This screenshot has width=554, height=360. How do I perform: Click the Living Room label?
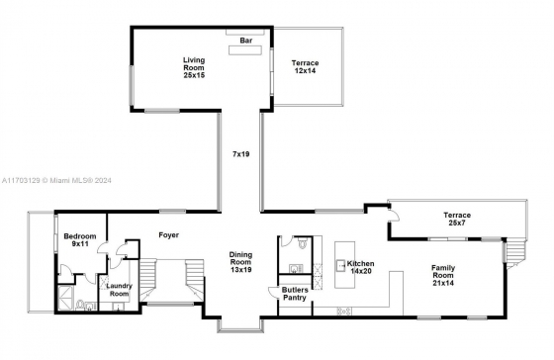[194, 67]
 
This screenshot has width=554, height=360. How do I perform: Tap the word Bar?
[246, 41]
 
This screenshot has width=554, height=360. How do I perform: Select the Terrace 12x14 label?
[305, 67]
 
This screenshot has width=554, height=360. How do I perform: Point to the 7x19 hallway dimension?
[240, 154]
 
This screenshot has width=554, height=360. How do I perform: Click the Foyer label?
[168, 235]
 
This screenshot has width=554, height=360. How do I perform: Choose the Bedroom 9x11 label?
[80, 240]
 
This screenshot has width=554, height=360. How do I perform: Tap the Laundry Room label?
[119, 290]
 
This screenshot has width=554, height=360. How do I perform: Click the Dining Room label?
[240, 262]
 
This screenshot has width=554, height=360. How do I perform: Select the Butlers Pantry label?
[295, 294]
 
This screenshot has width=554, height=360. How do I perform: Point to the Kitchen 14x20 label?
[360, 267]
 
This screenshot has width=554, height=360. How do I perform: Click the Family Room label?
[443, 275]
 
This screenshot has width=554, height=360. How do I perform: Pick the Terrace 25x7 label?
[457, 219]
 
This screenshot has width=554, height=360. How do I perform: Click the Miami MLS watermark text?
[56, 181]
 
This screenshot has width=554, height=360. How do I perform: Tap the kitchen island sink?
[341, 265]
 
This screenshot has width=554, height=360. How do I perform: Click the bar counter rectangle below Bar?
[245, 50]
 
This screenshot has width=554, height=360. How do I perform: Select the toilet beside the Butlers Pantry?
[303, 243]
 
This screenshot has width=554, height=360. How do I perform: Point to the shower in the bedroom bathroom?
[65, 298]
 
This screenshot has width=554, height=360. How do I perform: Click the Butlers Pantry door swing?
[273, 292]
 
